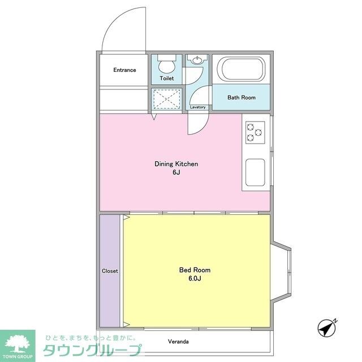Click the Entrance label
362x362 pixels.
click(124, 70)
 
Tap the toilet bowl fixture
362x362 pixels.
click(167, 63)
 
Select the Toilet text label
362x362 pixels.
click(167, 78)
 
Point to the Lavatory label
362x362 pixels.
click(197, 107)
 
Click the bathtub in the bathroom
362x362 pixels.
click(242, 69)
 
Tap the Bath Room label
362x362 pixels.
click(242, 97)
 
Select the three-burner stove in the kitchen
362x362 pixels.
click(255, 132)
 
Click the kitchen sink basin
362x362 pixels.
click(255, 172)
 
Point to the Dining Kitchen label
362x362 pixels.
click(176, 164)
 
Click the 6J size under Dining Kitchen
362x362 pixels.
click(176, 172)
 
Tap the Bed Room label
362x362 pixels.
click(195, 270)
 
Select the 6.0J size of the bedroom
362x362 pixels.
click(195, 278)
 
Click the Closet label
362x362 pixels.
click(110, 271)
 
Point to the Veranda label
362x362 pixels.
click(178, 342)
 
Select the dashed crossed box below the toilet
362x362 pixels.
click(167, 99)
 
